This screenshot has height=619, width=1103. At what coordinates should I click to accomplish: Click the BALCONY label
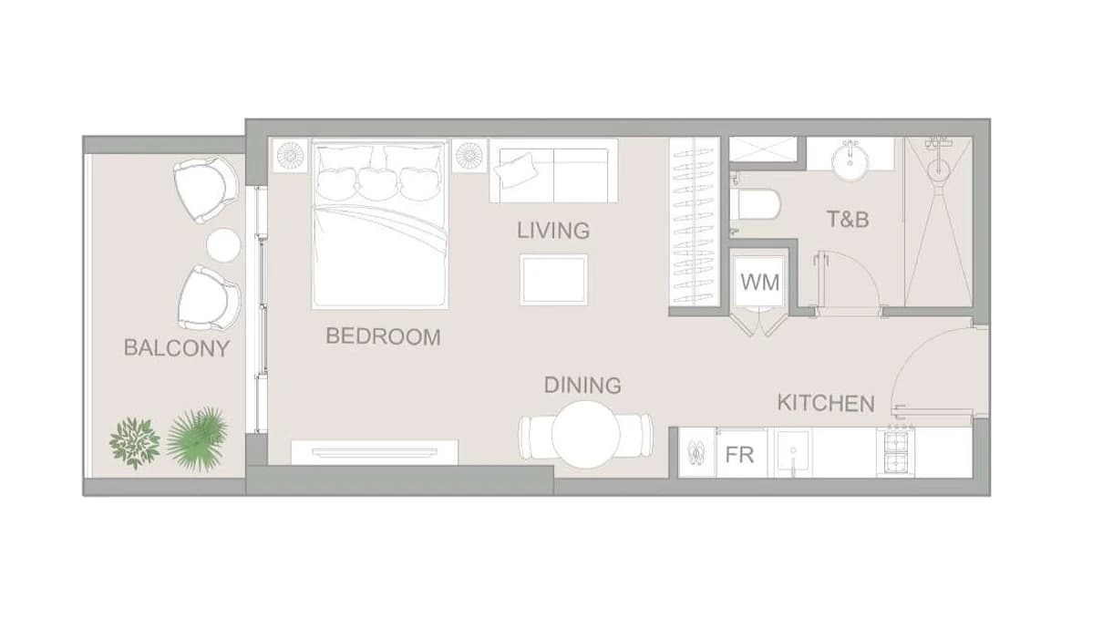(177, 348)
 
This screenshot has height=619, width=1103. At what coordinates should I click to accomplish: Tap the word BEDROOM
(383, 336)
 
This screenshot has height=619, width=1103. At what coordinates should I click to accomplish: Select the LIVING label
(553, 231)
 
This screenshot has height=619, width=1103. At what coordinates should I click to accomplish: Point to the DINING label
(582, 385)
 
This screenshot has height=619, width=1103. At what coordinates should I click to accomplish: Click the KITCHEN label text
(826, 403)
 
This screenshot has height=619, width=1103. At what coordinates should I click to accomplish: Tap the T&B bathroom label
(848, 220)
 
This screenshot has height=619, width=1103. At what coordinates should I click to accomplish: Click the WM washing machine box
(759, 282)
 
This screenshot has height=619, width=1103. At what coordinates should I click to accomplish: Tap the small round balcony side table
(223, 245)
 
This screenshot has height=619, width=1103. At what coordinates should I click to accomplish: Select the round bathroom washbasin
(850, 161)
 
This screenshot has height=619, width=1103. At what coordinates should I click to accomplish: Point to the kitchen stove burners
(896, 452)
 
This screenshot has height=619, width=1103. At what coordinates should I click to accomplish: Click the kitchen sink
(792, 453)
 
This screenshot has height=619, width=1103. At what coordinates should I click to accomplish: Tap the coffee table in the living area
(553, 280)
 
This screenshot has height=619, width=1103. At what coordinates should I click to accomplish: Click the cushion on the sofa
(516, 170)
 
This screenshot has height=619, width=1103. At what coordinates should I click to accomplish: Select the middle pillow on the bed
(377, 184)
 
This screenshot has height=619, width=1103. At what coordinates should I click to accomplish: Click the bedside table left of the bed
(290, 156)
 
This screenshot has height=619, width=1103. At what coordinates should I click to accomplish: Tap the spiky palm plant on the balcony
(197, 438)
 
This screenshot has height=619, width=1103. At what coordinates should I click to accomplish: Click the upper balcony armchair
(206, 189)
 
